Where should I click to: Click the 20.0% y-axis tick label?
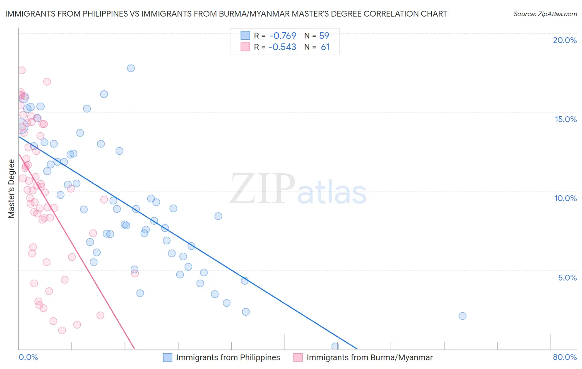pyautogui.click(x=565, y=40)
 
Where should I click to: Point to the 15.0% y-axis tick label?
pyautogui.click(x=565, y=119)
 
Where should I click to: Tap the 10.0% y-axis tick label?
pyautogui.click(x=565, y=198)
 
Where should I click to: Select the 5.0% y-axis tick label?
pyautogui.click(x=567, y=278)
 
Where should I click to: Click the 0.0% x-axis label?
pyautogui.click(x=28, y=357)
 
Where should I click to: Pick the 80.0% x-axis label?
pyautogui.click(x=565, y=357)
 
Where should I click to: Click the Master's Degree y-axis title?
pyautogui.click(x=11, y=189)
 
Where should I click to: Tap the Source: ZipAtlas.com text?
pyautogui.click(x=545, y=14)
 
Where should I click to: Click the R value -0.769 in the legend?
pyautogui.click(x=282, y=36)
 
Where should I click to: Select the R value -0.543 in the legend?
pyautogui.click(x=282, y=47)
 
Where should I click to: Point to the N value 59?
pyautogui.click(x=324, y=36)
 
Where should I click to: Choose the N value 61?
pyautogui.click(x=325, y=47)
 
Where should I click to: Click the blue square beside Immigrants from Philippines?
pyautogui.click(x=167, y=357)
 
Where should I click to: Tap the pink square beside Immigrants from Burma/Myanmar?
pyautogui.click(x=298, y=357)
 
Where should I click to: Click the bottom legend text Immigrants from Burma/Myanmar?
pyautogui.click(x=369, y=357)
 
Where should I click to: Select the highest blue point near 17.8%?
pyautogui.click(x=131, y=68)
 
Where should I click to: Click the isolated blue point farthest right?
pyautogui.click(x=462, y=316)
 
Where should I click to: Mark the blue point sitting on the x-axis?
pyautogui.click(x=335, y=346)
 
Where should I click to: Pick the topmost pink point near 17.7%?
pyautogui.click(x=22, y=70)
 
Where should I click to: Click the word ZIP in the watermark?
pyautogui.click(x=262, y=189)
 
